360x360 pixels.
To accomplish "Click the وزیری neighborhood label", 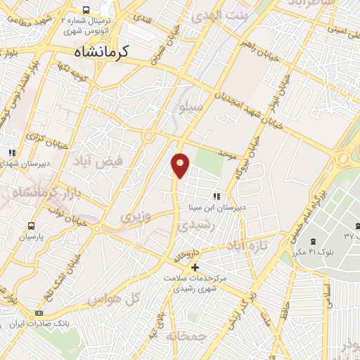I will pyautogui.click(x=136, y=216).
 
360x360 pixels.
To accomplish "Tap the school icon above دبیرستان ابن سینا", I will pyautogui.click(x=217, y=196).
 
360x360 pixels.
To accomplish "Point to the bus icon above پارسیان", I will pyautogui.click(x=31, y=226).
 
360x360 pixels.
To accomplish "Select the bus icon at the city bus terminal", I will pyautogui.click(x=86, y=11).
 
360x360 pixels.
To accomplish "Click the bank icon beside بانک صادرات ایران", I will pyautogui.click(x=39, y=313).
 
